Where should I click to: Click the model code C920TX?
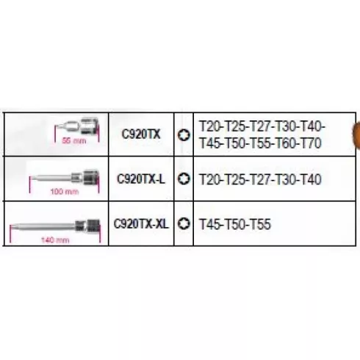141,134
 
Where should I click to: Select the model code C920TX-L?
141,179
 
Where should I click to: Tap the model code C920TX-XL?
141,223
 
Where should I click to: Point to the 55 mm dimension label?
74,141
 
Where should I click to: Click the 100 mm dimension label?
65,191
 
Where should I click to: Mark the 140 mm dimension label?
55,240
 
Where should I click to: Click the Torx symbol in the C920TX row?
184,135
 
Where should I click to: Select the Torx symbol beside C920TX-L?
184,179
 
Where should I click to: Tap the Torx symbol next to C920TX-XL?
184,223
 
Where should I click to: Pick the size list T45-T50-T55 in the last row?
235,224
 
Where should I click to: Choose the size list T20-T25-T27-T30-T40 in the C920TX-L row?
260,179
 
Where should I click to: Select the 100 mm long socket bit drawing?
65,177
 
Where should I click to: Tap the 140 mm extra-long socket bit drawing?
55,226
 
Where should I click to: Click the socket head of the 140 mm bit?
93,226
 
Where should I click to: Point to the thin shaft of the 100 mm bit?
51,178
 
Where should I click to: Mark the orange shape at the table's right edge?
356,134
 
